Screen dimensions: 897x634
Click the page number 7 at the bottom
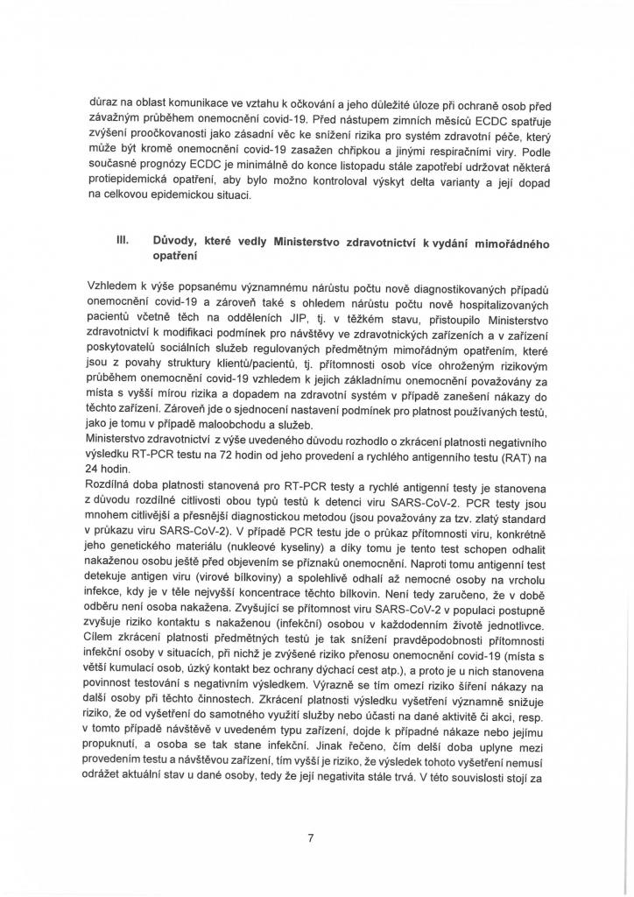[311, 837]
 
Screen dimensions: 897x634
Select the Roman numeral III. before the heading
[110, 239]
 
